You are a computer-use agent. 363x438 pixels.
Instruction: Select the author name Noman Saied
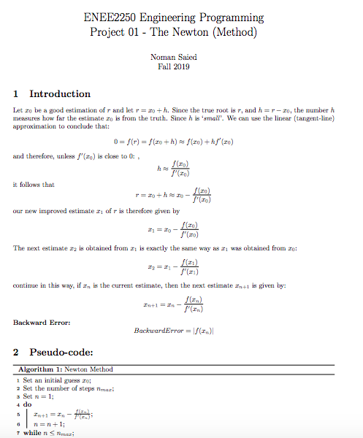coord(173,56)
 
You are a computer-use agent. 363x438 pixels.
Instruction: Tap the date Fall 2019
coord(173,66)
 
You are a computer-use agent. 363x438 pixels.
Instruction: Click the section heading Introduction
coord(60,94)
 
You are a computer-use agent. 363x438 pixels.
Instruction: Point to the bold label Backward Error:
coord(42,321)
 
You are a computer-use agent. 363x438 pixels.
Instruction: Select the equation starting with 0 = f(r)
coord(175,141)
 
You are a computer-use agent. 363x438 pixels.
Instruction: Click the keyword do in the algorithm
coord(28,403)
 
